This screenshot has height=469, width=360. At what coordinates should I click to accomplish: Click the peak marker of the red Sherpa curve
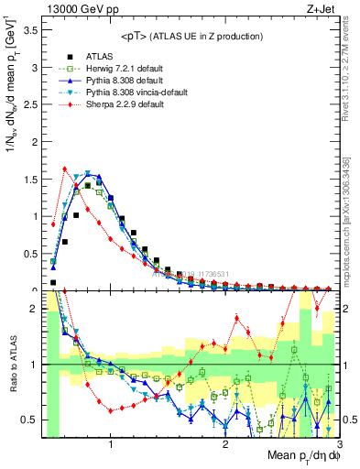tap(64, 169)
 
